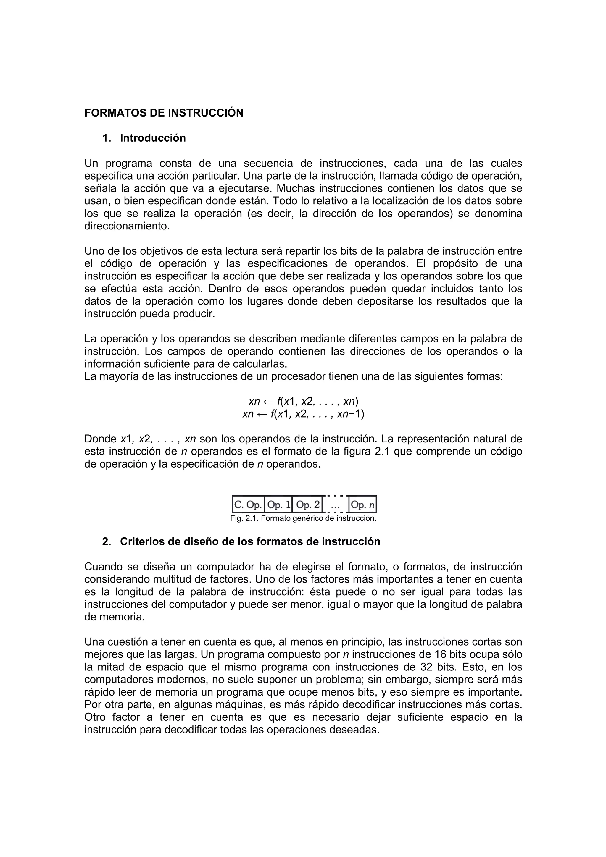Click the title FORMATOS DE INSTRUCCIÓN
tap(164, 113)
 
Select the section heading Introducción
tap(153, 138)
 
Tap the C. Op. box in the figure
tap(248, 505)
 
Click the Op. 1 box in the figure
tap(278, 505)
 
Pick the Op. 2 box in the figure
tap(308, 505)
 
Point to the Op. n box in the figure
tap(362, 505)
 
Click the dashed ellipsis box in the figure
tap(335, 505)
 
